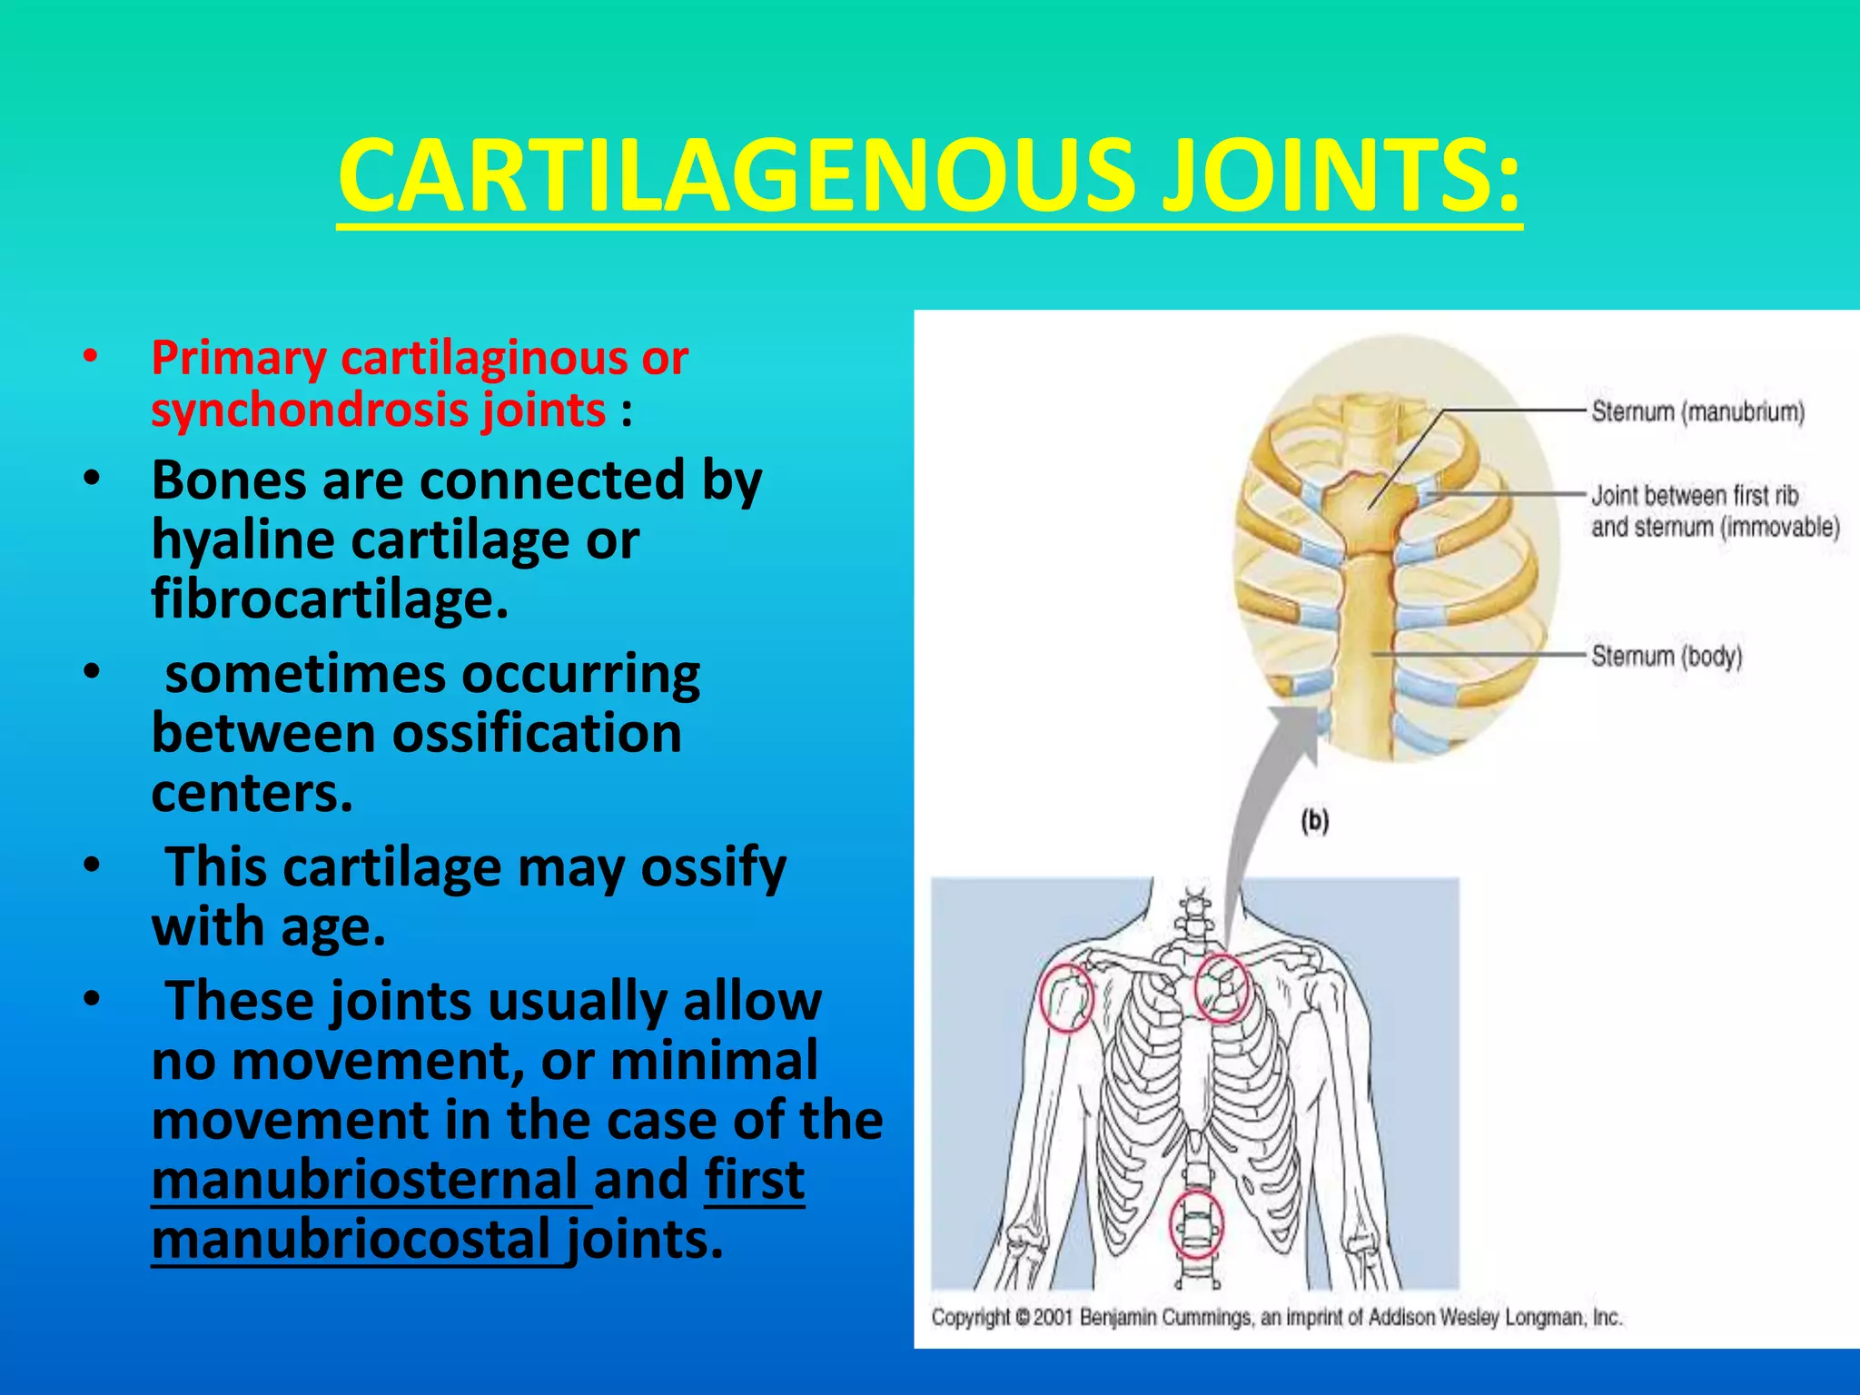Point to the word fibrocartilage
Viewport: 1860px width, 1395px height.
[x=329, y=600]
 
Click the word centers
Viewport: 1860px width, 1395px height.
[x=252, y=794]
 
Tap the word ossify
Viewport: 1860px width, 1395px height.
[x=714, y=867]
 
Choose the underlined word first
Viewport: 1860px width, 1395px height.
[x=754, y=1181]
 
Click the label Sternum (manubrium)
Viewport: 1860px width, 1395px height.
[x=1697, y=412]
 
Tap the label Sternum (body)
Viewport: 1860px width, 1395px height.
[x=1666, y=656]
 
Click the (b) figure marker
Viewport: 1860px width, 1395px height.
[x=1314, y=822]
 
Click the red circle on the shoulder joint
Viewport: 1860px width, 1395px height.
[x=1066, y=997]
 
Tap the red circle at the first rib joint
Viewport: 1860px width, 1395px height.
[x=1220, y=988]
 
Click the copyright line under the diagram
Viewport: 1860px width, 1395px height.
[x=1276, y=1317]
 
